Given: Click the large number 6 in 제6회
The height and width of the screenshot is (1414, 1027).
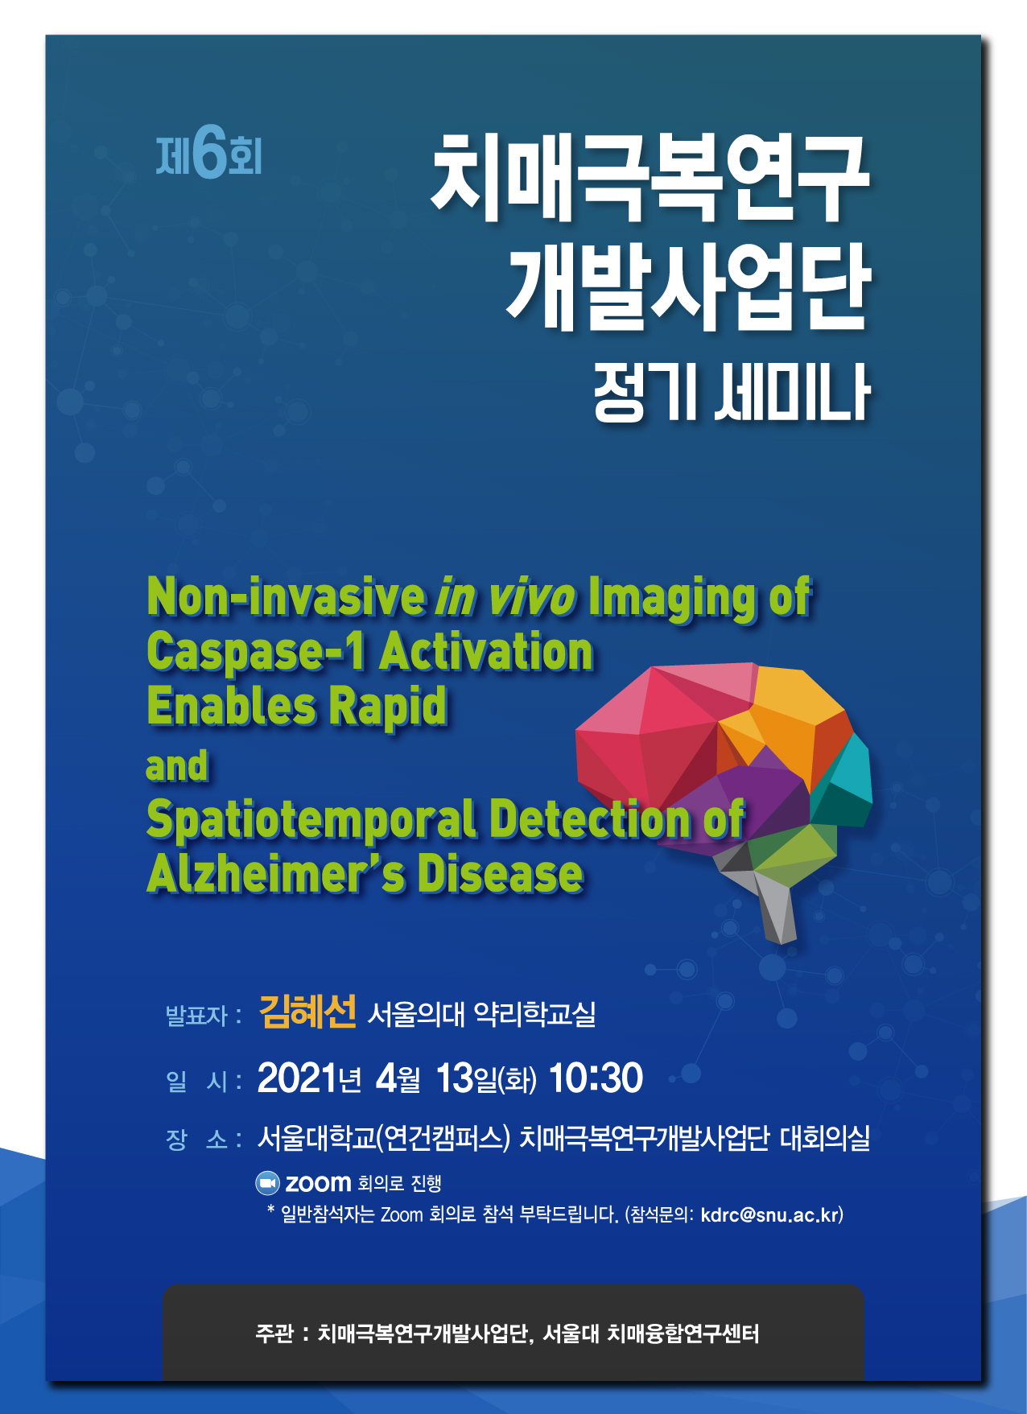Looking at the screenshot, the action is (x=209, y=152).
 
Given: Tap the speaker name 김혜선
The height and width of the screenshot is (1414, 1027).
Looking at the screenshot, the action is (x=307, y=1012).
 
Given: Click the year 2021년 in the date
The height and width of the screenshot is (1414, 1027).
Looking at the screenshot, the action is (x=309, y=1078).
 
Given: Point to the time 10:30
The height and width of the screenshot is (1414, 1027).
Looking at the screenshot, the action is (x=596, y=1078).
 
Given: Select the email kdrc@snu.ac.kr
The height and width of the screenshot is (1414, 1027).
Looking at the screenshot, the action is (x=769, y=1214).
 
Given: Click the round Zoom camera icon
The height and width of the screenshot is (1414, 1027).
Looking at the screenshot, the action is (x=267, y=1183).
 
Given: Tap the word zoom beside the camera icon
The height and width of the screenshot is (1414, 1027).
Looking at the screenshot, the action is (x=318, y=1183).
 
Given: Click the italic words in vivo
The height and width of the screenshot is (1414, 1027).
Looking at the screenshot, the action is (x=505, y=597).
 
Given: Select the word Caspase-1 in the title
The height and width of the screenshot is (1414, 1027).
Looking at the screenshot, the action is (x=256, y=651).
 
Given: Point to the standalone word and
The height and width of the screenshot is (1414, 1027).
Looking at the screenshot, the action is (x=177, y=766).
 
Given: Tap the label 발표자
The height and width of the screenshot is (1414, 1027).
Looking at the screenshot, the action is (x=196, y=1015).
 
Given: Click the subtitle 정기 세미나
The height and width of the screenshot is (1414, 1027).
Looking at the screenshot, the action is (x=732, y=393).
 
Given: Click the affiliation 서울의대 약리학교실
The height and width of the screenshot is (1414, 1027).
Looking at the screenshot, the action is (x=481, y=1014).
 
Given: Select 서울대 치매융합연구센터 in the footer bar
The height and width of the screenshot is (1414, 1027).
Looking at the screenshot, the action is (x=650, y=1334).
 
